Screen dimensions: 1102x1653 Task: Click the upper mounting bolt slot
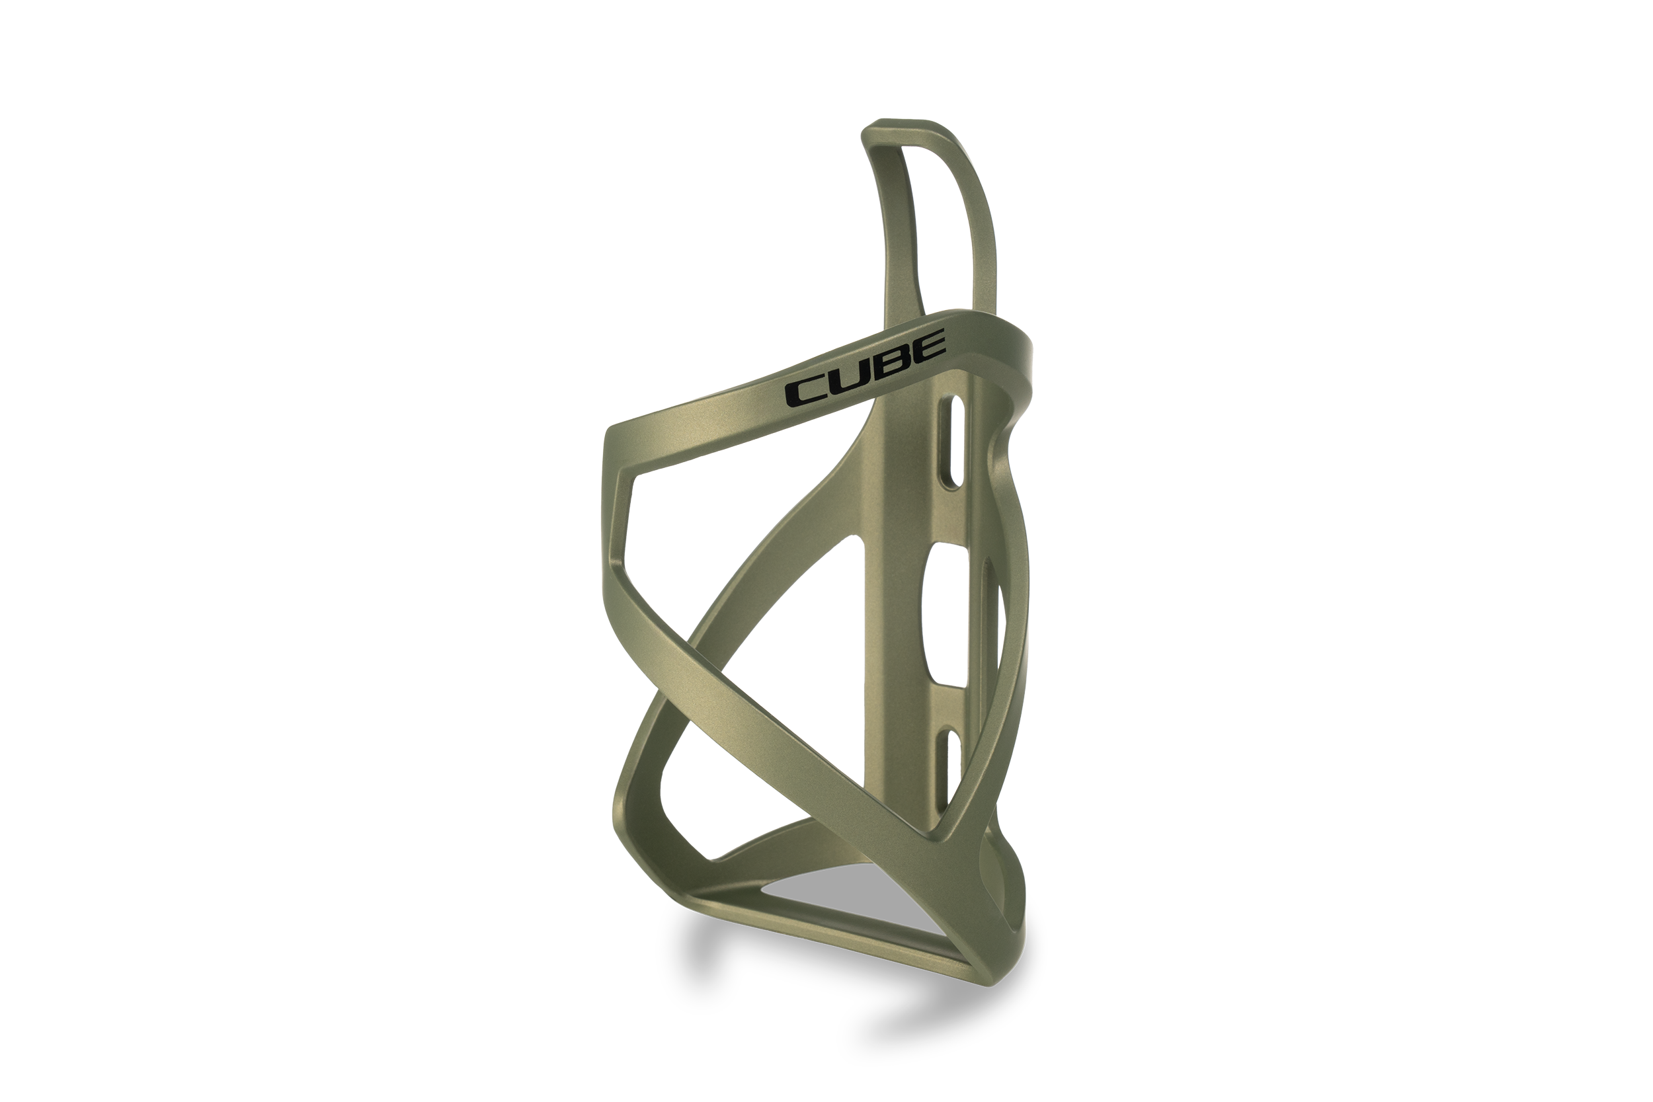953,441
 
